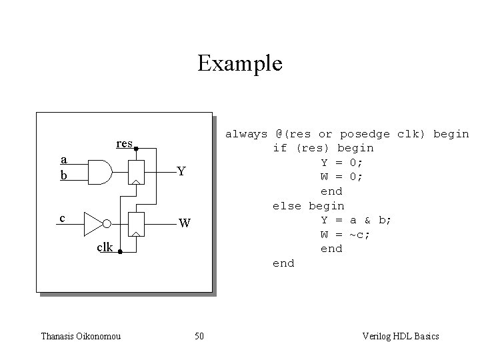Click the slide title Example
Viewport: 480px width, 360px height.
(x=240, y=63)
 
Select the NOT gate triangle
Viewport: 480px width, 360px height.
(x=94, y=225)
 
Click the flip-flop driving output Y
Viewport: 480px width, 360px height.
(x=136, y=172)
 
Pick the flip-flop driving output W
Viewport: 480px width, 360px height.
(x=136, y=225)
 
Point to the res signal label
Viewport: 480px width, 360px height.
(x=124, y=143)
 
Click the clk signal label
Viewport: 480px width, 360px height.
(x=105, y=247)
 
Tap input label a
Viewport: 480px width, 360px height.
(x=63, y=159)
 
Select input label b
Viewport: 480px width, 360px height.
(x=63, y=175)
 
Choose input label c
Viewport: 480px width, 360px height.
(x=62, y=218)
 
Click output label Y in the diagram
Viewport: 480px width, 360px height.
(x=181, y=171)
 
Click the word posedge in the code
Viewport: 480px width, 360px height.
(x=365, y=133)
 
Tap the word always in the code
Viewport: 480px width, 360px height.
(x=246, y=133)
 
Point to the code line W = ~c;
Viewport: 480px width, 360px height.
(x=345, y=235)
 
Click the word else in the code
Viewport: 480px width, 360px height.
(x=287, y=206)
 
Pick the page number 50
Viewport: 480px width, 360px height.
(x=199, y=336)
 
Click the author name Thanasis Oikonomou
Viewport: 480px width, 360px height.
(x=81, y=336)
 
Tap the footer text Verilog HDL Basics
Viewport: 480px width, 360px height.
(x=400, y=336)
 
